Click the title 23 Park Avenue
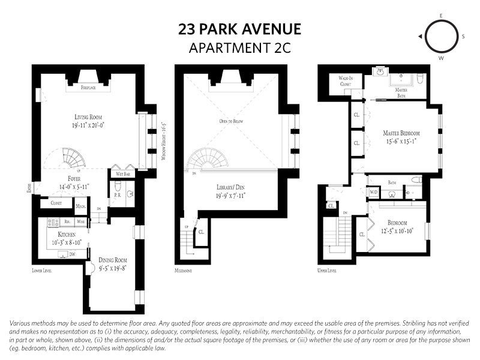(x=239, y=29)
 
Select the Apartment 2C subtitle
(x=239, y=48)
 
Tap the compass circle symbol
(x=441, y=36)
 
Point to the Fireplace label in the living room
(x=89, y=87)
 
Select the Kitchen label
(x=67, y=235)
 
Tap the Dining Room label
(x=112, y=260)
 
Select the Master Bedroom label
(x=401, y=132)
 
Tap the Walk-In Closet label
(x=345, y=81)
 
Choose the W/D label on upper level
(x=373, y=193)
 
